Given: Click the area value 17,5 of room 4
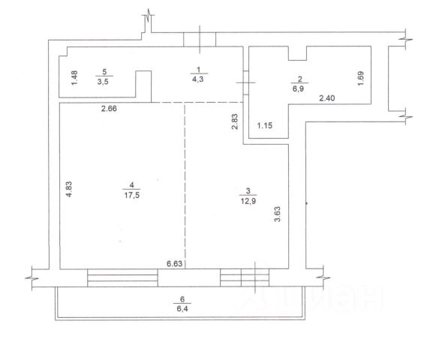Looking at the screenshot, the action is click(132, 195).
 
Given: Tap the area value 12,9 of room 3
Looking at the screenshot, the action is click(248, 201).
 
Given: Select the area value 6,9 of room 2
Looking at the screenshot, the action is click(299, 89).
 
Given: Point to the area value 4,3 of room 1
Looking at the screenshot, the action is click(197, 79).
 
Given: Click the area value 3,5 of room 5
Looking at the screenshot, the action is click(103, 82).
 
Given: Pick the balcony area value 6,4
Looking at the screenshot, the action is click(182, 309).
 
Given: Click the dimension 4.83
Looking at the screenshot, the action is click(69, 189).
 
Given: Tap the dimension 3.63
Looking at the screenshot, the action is click(277, 214).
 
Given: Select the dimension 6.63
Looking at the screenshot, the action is click(174, 263).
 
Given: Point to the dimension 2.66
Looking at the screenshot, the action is click(109, 109).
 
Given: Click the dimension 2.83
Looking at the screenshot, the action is click(235, 121).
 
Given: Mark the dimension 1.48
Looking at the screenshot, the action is click(74, 78).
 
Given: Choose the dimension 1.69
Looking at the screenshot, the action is click(361, 79).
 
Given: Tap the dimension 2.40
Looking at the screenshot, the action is click(327, 98).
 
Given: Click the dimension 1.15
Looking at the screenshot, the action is click(265, 125).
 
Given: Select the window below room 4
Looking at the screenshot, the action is click(122, 277).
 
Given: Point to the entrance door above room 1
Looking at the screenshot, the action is click(200, 40).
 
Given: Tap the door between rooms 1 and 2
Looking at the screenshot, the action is click(246, 82).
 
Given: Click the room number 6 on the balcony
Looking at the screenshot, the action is click(182, 299).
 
